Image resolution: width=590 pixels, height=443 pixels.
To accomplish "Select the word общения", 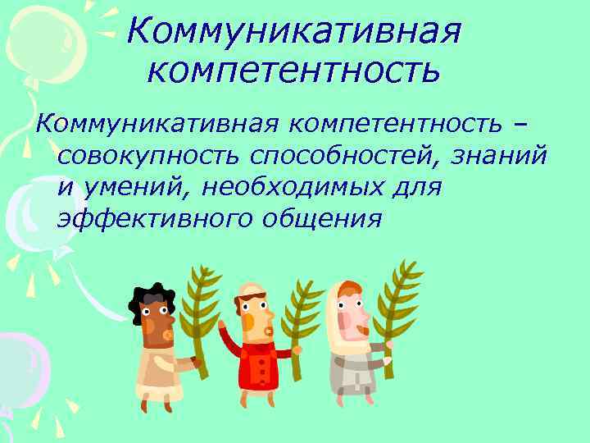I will click(x=323, y=219).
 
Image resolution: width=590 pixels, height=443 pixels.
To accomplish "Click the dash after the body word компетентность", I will click(x=520, y=123).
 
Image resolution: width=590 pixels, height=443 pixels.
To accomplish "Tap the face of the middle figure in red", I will click(x=257, y=317).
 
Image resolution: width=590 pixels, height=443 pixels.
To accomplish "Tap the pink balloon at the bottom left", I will click(x=20, y=369).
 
